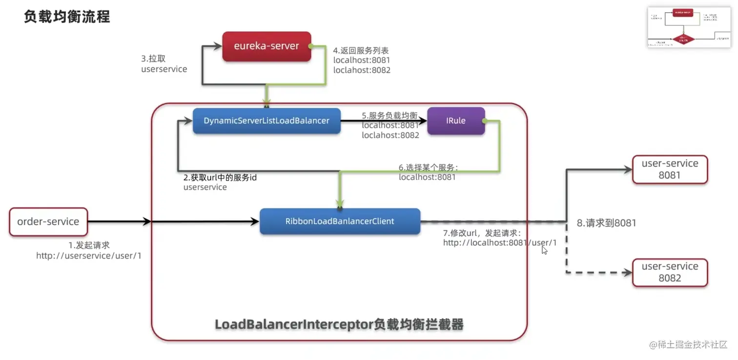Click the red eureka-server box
pos(266,47)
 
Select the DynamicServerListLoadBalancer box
pos(266,120)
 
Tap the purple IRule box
pos(456,120)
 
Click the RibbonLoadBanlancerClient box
pos(340,221)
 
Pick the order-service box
pos(48,222)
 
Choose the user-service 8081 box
pos(670,169)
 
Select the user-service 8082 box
pos(670,272)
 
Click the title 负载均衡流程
pos(67,17)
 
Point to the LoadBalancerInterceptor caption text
pos(339,324)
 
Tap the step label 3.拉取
pos(153,59)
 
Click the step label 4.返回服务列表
pos(361,50)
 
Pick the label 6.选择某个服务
pos(429,167)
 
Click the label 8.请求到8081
pos(606,223)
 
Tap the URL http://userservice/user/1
pos(89,256)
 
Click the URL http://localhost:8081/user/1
pos(500,242)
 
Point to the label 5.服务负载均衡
pos(389,116)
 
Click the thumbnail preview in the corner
pos(689,27)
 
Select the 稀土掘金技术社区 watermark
pos(688,344)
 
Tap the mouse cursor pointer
pos(544,249)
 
